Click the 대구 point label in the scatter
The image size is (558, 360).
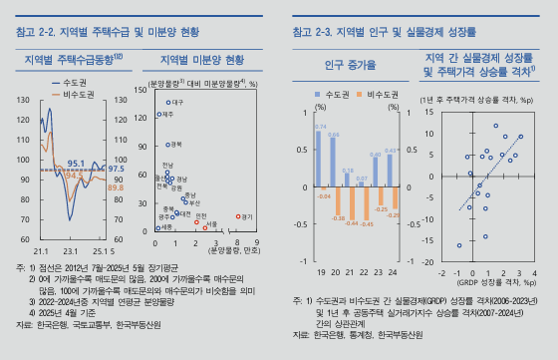pos(177,103)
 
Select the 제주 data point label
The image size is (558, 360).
pos(167,115)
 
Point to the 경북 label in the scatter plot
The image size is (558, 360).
pos(177,145)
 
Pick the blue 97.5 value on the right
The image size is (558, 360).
pos(116,170)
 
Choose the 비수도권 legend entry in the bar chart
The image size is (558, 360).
pos(382,93)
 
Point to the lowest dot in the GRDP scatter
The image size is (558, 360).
pos(459,245)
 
